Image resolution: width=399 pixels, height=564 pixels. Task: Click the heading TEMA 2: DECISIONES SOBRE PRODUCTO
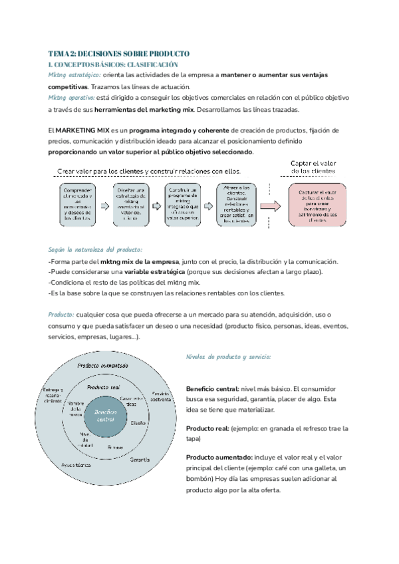point(119,53)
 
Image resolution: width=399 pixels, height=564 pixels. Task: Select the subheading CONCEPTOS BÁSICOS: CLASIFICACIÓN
point(113,65)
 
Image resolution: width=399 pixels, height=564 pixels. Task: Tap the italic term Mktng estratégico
point(74,76)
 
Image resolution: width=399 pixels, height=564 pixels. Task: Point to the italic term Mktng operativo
point(72,98)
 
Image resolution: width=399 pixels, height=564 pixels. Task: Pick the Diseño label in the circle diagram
point(138,422)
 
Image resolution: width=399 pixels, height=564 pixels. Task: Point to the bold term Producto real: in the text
point(207,428)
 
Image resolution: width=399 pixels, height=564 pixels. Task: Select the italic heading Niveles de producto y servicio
point(228,357)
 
